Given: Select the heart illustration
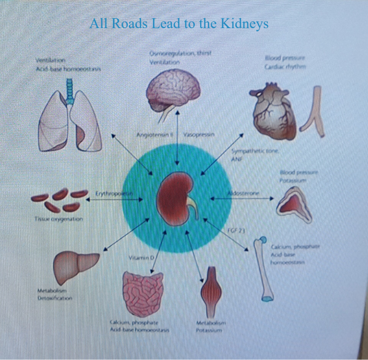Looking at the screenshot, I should (x=272, y=109).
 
